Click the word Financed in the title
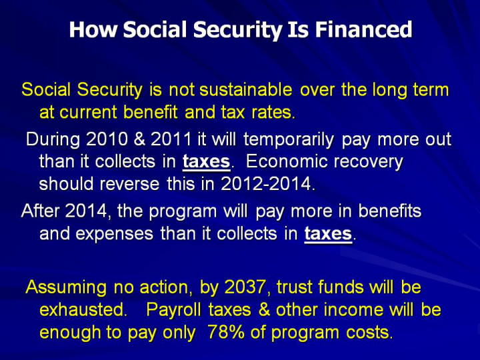click(363, 29)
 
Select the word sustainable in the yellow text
click(245, 90)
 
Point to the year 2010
click(107, 139)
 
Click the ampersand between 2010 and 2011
click(139, 139)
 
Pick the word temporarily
click(289, 140)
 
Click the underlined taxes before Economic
click(206, 161)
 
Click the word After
click(40, 211)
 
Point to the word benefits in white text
click(390, 211)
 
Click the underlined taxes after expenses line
click(328, 234)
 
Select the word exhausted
click(83, 310)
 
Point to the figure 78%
click(226, 333)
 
